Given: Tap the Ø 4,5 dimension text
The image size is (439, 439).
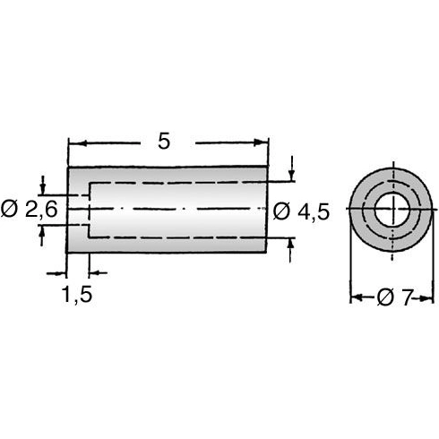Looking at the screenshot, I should point(302,211).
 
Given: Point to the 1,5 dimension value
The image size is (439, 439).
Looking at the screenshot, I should point(77,294).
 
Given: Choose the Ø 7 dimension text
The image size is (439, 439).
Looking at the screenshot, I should point(393,298).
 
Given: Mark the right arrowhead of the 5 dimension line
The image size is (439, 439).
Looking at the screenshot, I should point(263,142).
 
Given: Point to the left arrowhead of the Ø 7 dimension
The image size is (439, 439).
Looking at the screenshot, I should point(356,298).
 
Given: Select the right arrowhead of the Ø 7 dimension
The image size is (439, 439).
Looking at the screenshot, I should point(430,298).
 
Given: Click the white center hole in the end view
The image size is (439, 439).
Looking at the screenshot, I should point(392,212).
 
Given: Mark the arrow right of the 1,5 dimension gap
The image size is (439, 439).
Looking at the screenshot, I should point(97,271).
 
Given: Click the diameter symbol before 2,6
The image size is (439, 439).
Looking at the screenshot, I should point(9,210).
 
